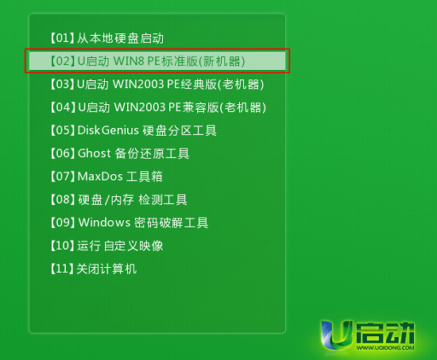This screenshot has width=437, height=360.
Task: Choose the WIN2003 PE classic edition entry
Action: click(x=156, y=84)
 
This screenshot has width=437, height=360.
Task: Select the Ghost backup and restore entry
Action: click(x=119, y=153)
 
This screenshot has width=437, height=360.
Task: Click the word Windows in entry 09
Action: click(x=104, y=223)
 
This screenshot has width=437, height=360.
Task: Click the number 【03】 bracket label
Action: click(x=62, y=84)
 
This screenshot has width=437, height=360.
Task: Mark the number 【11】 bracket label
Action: click(x=62, y=269)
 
